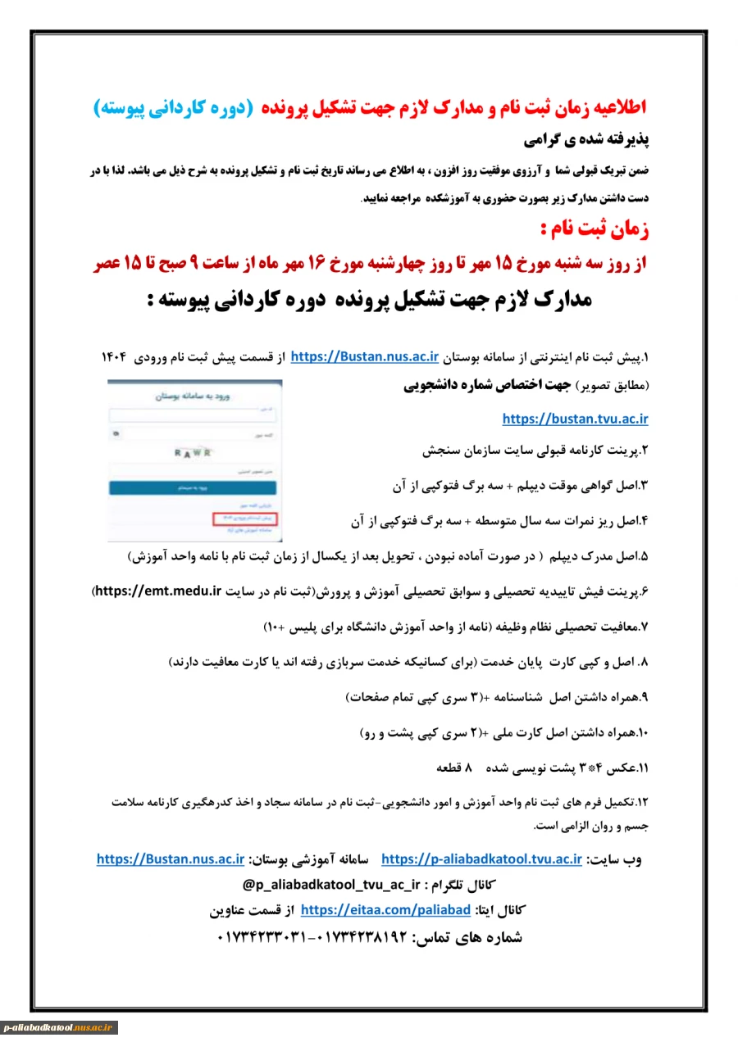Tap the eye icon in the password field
coord(116,433)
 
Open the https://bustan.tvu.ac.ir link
coord(575,419)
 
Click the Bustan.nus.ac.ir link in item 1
coord(366,356)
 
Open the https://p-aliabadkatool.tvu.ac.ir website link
coord(481,859)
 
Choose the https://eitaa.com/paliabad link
coord(385,910)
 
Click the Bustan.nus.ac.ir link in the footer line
coord(171,859)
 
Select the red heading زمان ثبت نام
coord(596,229)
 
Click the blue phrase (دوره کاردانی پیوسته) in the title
coord(170,107)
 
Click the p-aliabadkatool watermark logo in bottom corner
coord(59,1027)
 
